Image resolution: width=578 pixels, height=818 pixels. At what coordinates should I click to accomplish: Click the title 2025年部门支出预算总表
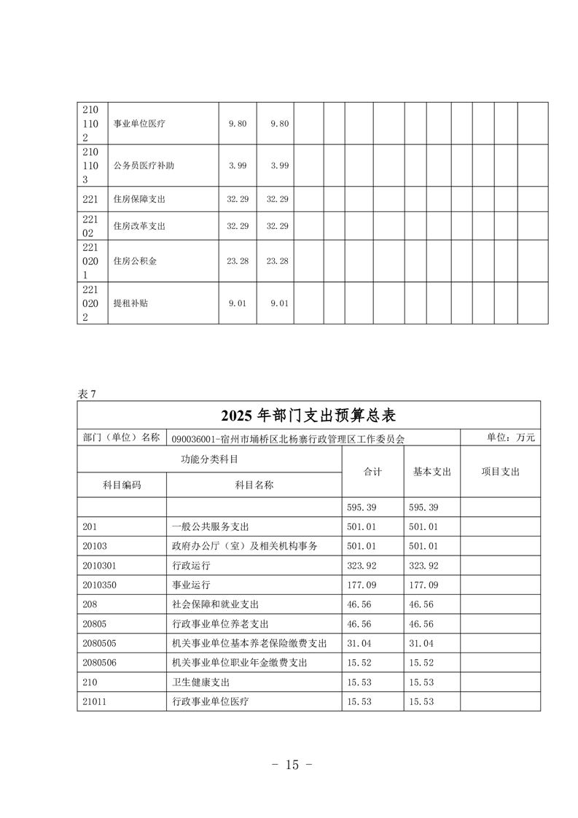pos(308,416)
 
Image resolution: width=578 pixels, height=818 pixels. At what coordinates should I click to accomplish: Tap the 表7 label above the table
pos(87,394)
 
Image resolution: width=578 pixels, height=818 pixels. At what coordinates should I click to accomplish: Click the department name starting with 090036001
pos(288,439)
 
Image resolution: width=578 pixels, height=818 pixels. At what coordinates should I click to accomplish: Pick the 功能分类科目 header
pos(209,460)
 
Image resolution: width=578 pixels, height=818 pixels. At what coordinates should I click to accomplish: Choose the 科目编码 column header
pos(122,485)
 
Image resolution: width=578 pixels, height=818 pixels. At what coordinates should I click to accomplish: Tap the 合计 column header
pos(372,472)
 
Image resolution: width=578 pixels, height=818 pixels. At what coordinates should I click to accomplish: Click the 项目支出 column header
pos(500,472)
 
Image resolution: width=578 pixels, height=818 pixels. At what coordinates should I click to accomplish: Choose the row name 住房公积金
pos(135,261)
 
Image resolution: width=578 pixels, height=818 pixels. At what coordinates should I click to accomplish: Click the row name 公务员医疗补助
pos(144,165)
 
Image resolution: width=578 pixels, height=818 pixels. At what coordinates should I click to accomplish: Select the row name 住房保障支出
pos(139,199)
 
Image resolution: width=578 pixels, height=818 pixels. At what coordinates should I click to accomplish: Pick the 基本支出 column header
pos(431,472)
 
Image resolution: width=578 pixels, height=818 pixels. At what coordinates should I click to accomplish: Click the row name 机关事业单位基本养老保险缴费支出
pos(249,643)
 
